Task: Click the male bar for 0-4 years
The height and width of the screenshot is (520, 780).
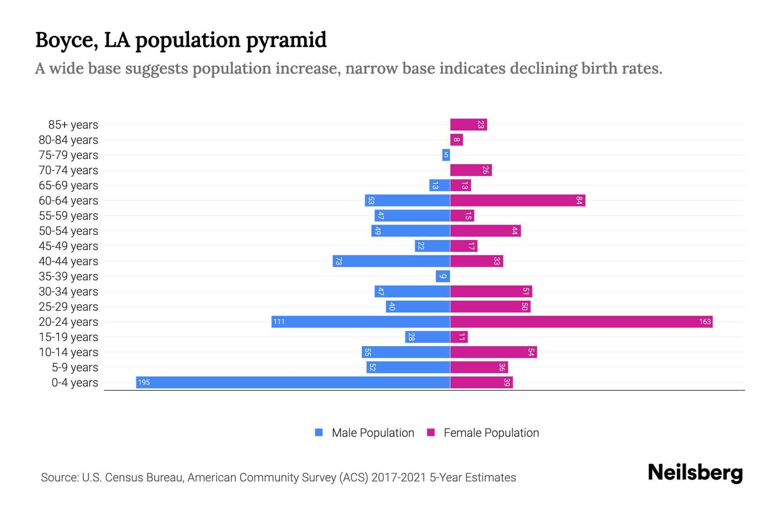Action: pyautogui.click(x=293, y=382)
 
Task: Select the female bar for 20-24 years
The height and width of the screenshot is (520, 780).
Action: pyautogui.click(x=581, y=322)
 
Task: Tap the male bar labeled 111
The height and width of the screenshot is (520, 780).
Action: pyautogui.click(x=361, y=322)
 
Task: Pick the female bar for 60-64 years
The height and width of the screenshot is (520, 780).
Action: pyautogui.click(x=517, y=200)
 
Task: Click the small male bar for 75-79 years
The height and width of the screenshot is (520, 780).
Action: pyautogui.click(x=446, y=155)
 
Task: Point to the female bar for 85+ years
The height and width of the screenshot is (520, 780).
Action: pyautogui.click(x=468, y=124)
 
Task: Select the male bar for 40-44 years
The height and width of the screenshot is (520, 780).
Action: pyautogui.click(x=391, y=261)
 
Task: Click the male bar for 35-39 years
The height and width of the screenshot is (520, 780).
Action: pyautogui.click(x=443, y=276)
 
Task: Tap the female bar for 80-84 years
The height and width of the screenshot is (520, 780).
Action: pyautogui.click(x=456, y=140)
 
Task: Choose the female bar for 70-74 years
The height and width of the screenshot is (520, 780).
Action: pyautogui.click(x=471, y=170)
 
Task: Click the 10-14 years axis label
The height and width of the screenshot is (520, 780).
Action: pyautogui.click(x=68, y=352)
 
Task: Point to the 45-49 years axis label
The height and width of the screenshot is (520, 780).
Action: pyautogui.click(x=68, y=246)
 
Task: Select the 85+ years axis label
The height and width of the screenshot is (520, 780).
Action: pyautogui.click(x=73, y=125)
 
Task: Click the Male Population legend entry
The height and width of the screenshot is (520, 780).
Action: pyautogui.click(x=364, y=432)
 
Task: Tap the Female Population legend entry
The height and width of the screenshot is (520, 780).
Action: pyautogui.click(x=483, y=432)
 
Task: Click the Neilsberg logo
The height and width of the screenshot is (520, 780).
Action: pyautogui.click(x=695, y=473)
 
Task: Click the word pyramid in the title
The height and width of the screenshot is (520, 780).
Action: pyautogui.click(x=286, y=40)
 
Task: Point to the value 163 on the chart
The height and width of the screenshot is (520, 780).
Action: pyautogui.click(x=705, y=322)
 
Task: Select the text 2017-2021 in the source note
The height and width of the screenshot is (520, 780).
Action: pyautogui.click(x=399, y=478)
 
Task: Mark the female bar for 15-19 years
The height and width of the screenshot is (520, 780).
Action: pyautogui.click(x=459, y=337)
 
